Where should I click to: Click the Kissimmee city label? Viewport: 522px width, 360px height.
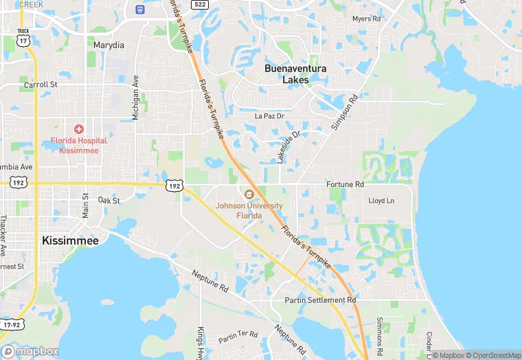[x=70, y=240]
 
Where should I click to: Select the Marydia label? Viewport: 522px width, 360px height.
[x=109, y=45]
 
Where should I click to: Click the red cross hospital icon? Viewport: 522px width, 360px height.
[x=79, y=129]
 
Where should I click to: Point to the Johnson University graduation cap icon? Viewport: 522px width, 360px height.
[x=249, y=194]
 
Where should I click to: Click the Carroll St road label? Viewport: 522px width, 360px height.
[x=41, y=85]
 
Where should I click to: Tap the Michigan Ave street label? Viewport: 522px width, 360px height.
[x=136, y=98]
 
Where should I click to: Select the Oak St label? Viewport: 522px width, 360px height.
[x=109, y=201]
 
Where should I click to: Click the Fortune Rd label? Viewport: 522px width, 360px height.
[x=345, y=185]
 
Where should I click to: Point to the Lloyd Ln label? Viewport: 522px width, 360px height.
[x=381, y=201]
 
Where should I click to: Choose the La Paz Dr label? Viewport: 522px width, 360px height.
[x=269, y=116]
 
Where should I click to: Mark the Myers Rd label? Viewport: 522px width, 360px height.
[x=366, y=19]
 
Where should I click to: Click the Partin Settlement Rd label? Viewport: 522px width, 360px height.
[x=321, y=300]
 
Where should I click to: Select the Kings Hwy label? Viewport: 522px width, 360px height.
[x=201, y=342]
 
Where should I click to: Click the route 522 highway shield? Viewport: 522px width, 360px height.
[x=199, y=5]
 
